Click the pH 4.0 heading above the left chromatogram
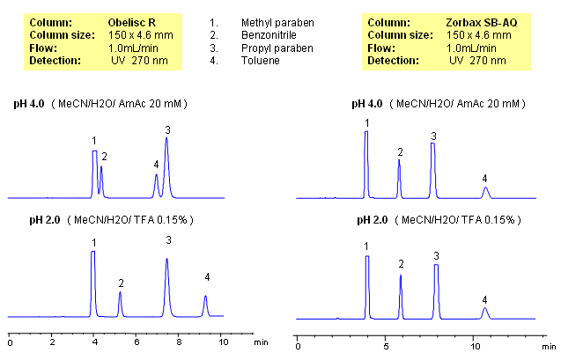click(27, 105)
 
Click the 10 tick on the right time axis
click(475, 342)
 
